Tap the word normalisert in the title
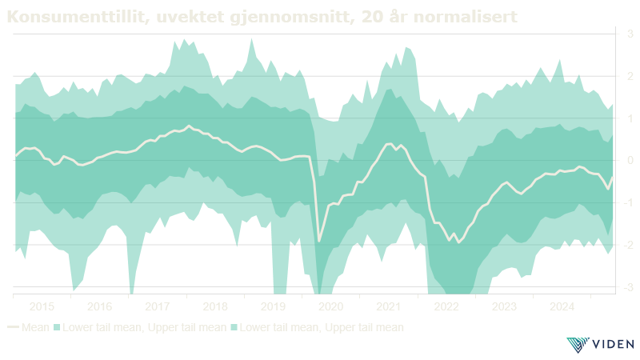pos(466,16)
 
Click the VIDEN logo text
pos(610,344)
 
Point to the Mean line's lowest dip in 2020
pos(319,240)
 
